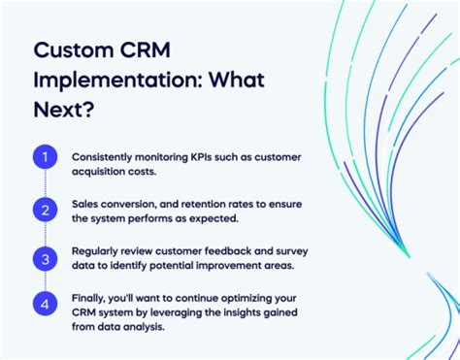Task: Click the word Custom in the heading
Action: coord(78,50)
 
